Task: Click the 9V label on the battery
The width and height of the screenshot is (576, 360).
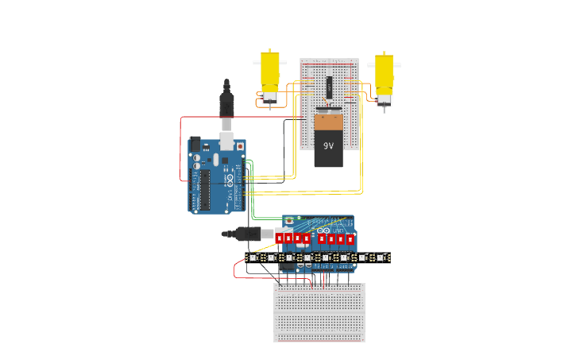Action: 328,146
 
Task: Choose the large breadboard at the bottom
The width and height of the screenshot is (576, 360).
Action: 319,312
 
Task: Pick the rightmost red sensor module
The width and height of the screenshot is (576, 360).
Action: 350,238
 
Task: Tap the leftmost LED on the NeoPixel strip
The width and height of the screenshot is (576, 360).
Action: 253,257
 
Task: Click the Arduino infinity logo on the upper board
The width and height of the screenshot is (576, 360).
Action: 229,176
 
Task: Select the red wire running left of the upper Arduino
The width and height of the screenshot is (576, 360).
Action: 181,151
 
